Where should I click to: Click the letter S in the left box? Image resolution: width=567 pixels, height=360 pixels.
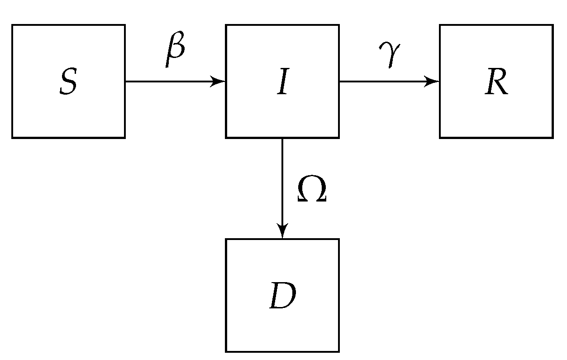pyautogui.click(x=68, y=82)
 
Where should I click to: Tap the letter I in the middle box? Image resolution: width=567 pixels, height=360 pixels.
pyautogui.click(x=282, y=82)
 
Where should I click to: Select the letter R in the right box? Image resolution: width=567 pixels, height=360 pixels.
pyautogui.click(x=496, y=82)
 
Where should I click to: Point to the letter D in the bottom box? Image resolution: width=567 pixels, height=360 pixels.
pyautogui.click(x=282, y=296)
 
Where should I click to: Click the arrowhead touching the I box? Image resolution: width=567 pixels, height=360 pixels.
pyautogui.click(x=220, y=82)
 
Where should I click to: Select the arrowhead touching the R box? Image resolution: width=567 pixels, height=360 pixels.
pyautogui.click(x=434, y=82)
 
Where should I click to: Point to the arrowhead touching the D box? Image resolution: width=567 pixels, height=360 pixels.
pyautogui.click(x=282, y=232)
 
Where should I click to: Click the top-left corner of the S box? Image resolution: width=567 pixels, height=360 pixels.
pyautogui.click(x=12, y=25)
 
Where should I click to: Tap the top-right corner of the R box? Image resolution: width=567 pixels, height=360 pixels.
pyautogui.click(x=553, y=25)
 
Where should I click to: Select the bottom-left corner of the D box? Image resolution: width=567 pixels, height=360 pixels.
pyautogui.click(x=226, y=351)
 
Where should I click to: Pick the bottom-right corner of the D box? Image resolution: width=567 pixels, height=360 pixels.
pyautogui.click(x=339, y=351)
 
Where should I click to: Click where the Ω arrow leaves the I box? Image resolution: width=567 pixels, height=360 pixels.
pyautogui.click(x=282, y=138)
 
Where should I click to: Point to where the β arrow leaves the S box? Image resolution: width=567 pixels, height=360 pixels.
pyautogui.click(x=125, y=82)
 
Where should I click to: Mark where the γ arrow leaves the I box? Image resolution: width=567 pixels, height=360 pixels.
pyautogui.click(x=339, y=82)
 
